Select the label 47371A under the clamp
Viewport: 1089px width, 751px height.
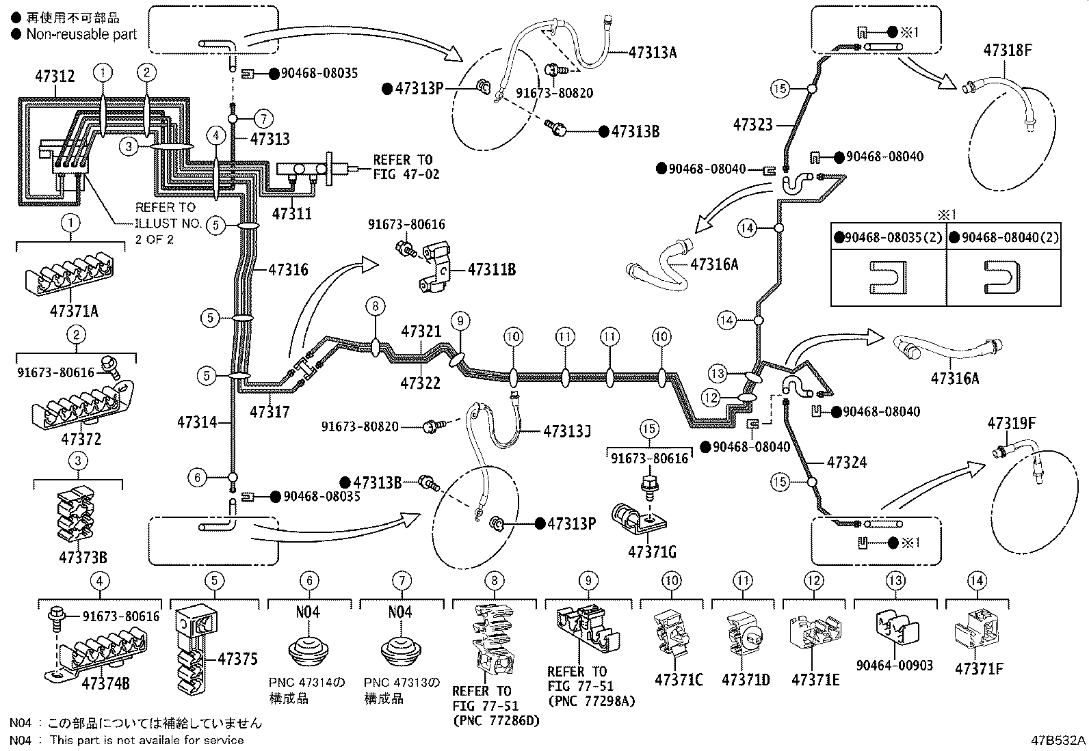[x=74, y=311]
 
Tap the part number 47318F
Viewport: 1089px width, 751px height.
[x=1007, y=50]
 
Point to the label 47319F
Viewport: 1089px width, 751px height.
[x=1011, y=424]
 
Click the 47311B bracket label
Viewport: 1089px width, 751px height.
[x=491, y=270]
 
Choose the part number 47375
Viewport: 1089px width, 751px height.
[x=237, y=659]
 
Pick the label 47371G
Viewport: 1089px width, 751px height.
[x=653, y=551]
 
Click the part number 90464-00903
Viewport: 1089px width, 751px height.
[x=894, y=665]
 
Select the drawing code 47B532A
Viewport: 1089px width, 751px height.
[x=1059, y=740]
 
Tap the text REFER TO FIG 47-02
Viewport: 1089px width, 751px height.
[x=406, y=167]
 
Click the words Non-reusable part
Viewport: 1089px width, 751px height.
[x=81, y=34]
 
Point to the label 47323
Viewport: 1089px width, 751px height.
[x=752, y=124]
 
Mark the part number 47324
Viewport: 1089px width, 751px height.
[x=846, y=463]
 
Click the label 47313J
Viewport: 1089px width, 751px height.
[x=566, y=432]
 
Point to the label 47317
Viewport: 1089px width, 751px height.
[x=270, y=411]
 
